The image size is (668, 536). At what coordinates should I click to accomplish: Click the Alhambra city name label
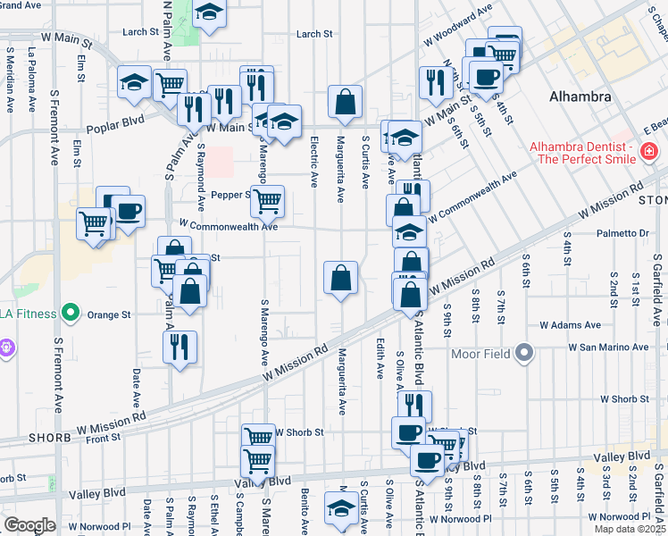[580, 96]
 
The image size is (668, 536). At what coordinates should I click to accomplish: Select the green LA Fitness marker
[71, 314]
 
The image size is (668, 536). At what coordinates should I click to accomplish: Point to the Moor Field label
[485, 354]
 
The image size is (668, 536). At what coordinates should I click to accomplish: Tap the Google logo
[29, 524]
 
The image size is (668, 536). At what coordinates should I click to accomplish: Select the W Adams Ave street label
[570, 325]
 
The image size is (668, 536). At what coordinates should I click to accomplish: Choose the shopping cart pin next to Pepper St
[266, 202]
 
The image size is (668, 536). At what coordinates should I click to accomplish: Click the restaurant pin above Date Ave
[180, 347]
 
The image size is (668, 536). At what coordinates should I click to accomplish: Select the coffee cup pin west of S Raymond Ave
[129, 212]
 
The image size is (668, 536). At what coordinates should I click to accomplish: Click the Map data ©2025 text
[629, 529]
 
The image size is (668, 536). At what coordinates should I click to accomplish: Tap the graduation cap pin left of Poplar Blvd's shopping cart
[134, 85]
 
